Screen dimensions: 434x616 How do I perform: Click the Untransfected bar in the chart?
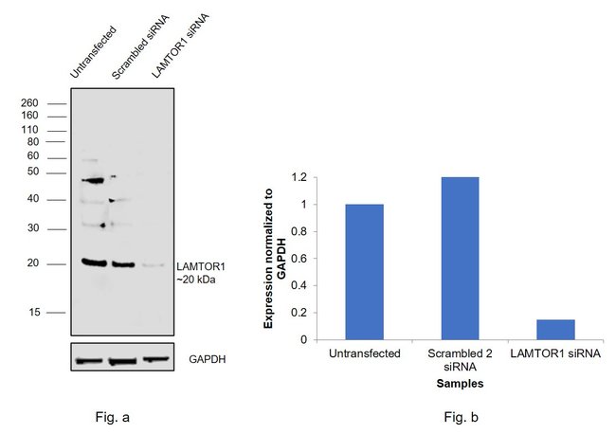point(364,272)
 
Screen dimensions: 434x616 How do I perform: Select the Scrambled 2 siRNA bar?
point(460,258)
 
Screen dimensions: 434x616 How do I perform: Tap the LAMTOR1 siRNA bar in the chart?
point(555,329)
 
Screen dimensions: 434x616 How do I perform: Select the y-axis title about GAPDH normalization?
point(275,258)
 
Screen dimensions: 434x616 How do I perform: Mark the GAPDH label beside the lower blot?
point(208,360)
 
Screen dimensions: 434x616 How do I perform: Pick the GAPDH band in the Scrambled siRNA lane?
point(123,361)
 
